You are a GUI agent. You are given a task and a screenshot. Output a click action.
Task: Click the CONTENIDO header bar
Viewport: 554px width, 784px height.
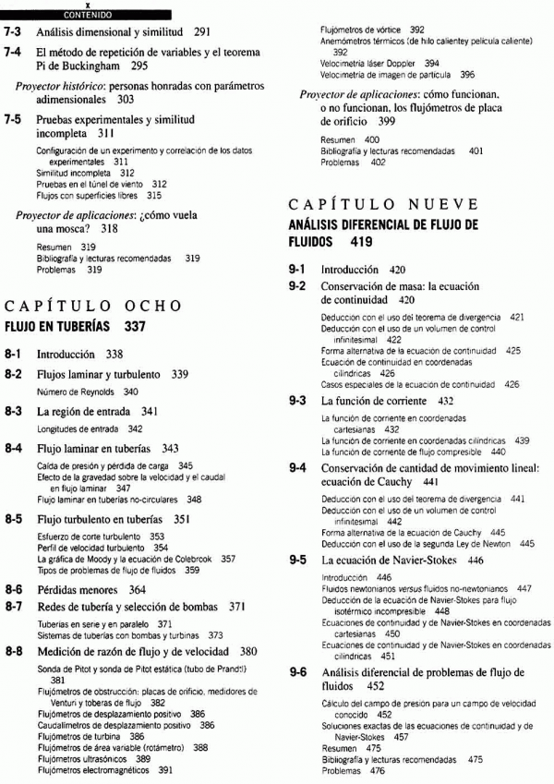point(88,15)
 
